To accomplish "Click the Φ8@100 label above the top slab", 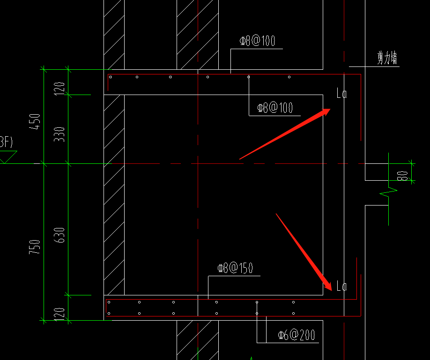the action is (x=257, y=41).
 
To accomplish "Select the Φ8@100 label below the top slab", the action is (x=275, y=108).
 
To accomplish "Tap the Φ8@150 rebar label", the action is (x=235, y=268).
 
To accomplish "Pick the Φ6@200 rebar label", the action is (x=297, y=335).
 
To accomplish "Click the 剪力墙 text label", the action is (x=387, y=58).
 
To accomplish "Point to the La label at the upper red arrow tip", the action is (x=341, y=93).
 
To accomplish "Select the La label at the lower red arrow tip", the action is (x=341, y=286).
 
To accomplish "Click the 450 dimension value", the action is (x=35, y=121).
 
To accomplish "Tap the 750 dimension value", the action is (x=35, y=247).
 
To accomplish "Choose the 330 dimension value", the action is (x=59, y=134).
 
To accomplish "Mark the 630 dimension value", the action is (x=59, y=235).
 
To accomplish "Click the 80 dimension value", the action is (x=402, y=176).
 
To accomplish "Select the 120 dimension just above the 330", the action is (x=59, y=88).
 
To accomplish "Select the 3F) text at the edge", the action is (x=6, y=142).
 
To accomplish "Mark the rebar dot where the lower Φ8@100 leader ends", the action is (x=248, y=77).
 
